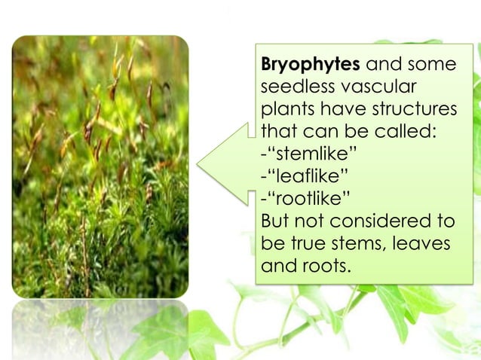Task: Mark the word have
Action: coord(339,111)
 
